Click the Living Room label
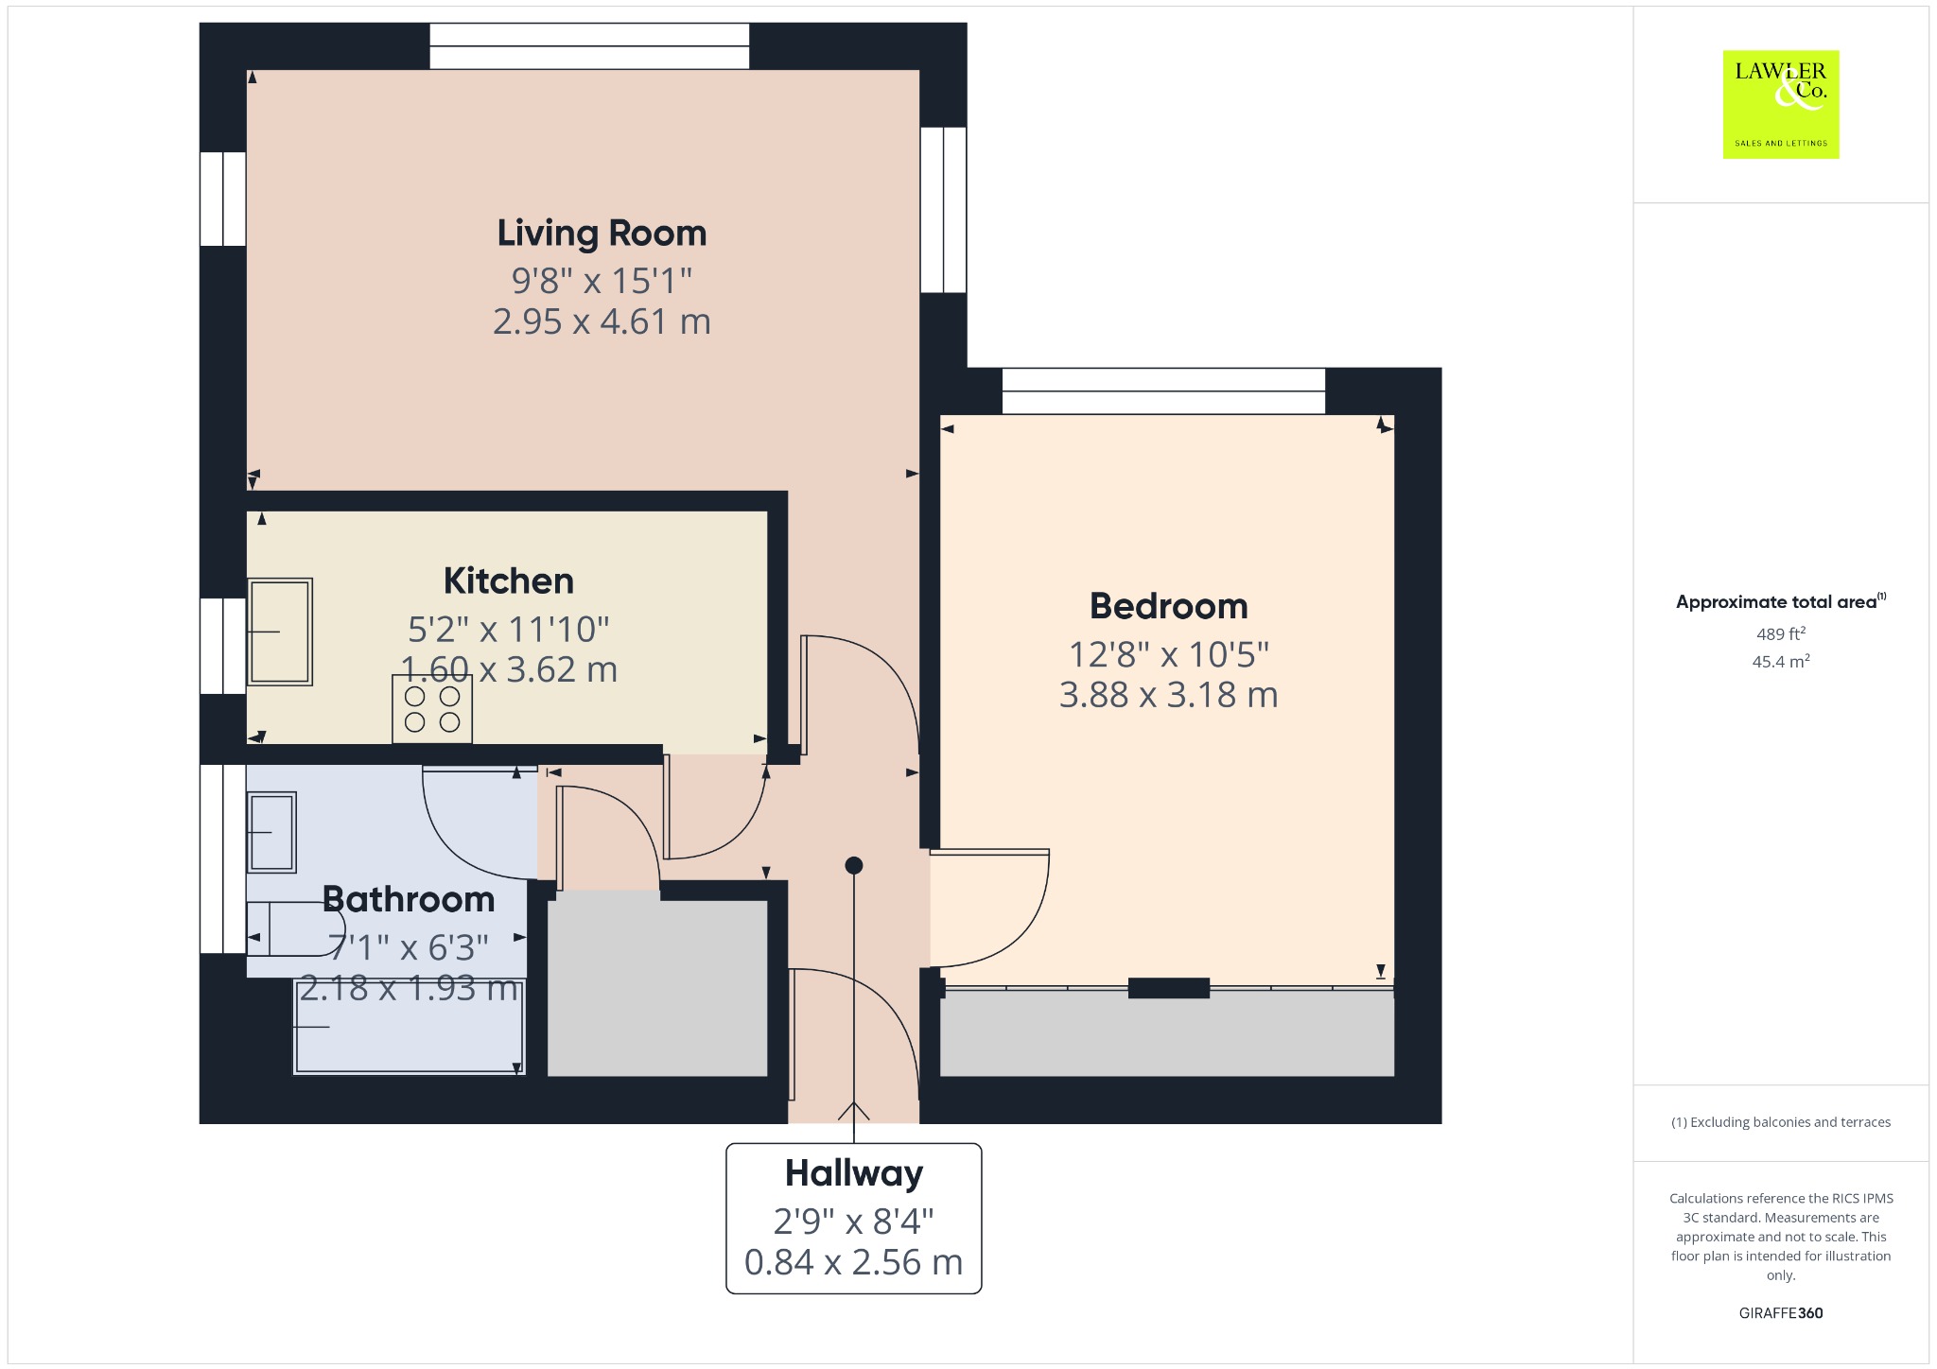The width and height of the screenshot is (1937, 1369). point(602,234)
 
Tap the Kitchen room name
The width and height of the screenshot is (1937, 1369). point(509,581)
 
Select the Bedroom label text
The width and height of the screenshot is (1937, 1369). point(1169,606)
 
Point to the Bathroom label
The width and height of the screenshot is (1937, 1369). point(409,899)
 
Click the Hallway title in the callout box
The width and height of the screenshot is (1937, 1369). point(854,1173)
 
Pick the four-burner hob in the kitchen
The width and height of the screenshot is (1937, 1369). point(432,709)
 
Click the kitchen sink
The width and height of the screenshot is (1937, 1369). point(280,632)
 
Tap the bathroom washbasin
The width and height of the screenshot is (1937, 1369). point(271,832)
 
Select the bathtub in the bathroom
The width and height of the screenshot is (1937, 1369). point(409,1027)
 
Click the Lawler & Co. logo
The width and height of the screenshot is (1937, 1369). point(1781,104)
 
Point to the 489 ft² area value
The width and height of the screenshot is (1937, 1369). point(1781,633)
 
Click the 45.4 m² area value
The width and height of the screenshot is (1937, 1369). point(1781,661)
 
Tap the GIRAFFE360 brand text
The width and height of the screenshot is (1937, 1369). point(1781,1312)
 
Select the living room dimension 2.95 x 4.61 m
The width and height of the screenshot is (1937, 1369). point(602,321)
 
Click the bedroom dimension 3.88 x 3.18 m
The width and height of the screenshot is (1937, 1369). point(1169,695)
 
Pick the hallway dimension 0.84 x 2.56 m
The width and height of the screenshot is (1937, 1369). point(854,1262)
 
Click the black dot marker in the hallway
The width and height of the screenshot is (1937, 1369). point(854,865)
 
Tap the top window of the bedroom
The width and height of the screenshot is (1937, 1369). point(1163,391)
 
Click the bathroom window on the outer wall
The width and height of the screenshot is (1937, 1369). point(223,858)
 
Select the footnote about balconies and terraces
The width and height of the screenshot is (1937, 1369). point(1781,1122)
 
